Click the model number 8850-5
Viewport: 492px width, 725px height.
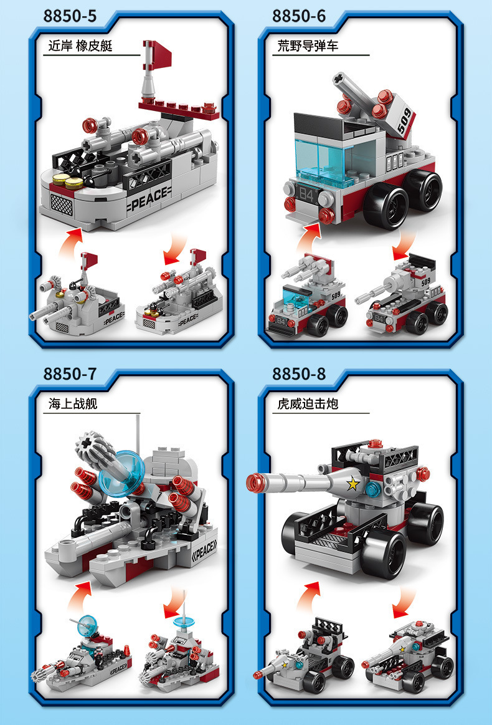click(70, 16)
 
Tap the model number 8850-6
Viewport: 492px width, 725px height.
click(299, 16)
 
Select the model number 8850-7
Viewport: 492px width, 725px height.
click(70, 374)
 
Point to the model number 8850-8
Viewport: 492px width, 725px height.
click(299, 374)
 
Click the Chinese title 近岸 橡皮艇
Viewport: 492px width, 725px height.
click(80, 46)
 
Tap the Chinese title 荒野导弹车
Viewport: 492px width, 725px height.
click(308, 46)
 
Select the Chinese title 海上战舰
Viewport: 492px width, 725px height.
click(73, 404)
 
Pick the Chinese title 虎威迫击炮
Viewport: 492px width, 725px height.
click(308, 404)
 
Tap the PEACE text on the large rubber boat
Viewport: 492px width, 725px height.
click(148, 194)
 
